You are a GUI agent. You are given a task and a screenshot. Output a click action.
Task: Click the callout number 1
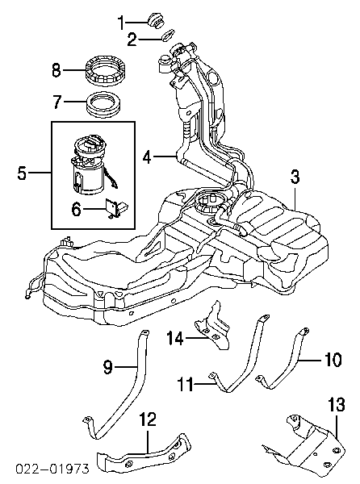122,23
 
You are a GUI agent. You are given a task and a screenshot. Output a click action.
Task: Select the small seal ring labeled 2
168,35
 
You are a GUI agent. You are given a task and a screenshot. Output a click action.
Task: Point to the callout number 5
22,173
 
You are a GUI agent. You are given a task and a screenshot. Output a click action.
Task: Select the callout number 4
147,156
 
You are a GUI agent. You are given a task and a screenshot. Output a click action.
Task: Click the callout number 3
295,177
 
